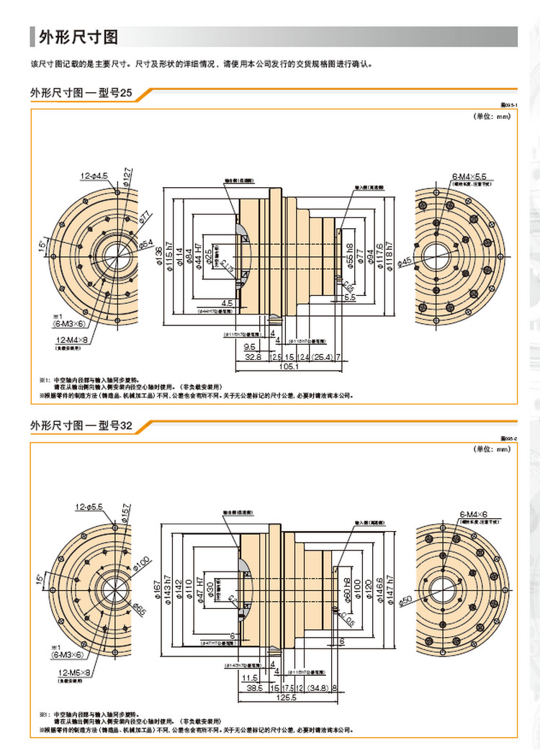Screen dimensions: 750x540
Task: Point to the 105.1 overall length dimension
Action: point(288,368)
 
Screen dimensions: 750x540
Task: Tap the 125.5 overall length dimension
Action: point(288,698)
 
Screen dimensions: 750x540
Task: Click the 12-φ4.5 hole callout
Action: point(94,175)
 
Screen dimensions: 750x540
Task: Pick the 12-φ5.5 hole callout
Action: point(91,507)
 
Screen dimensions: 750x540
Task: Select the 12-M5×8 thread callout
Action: point(73,672)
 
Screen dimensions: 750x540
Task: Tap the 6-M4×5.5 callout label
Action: point(469,176)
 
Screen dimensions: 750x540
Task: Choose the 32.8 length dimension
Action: point(252,356)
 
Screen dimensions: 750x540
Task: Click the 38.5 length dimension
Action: point(252,688)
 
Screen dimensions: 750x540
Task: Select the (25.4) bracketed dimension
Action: point(322,356)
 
